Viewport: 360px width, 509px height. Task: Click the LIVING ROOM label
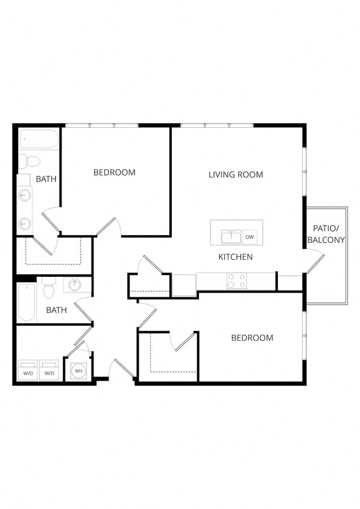[236, 175]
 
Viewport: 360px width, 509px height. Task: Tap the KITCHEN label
[235, 257]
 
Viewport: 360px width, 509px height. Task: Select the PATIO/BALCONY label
[326, 234]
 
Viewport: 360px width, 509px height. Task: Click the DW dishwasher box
[250, 237]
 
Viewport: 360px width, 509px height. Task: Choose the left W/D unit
[28, 370]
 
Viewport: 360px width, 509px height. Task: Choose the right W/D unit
[49, 370]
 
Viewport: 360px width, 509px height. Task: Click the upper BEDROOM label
[115, 172]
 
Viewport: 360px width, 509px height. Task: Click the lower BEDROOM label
[252, 338]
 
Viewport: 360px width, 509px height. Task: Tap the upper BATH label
[46, 179]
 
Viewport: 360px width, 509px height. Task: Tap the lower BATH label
[57, 311]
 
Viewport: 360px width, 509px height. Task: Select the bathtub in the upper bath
[39, 140]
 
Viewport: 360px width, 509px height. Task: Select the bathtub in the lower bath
[27, 303]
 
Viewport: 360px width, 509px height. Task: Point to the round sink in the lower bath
[75, 285]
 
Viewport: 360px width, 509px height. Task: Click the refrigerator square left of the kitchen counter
[184, 285]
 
